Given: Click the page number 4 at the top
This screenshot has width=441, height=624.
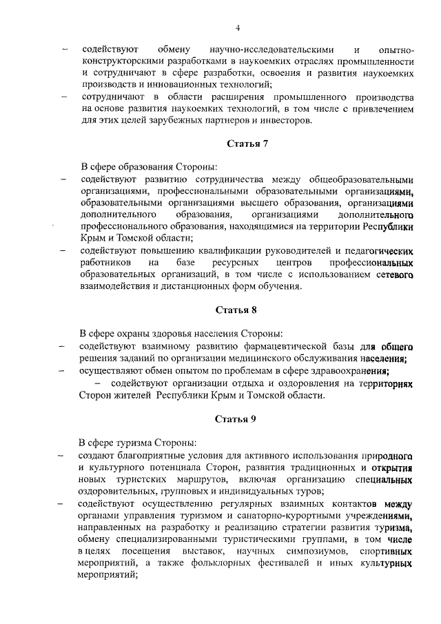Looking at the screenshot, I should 237,28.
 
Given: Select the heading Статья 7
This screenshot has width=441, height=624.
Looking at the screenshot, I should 242,143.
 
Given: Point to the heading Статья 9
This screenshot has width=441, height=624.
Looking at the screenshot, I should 236,419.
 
